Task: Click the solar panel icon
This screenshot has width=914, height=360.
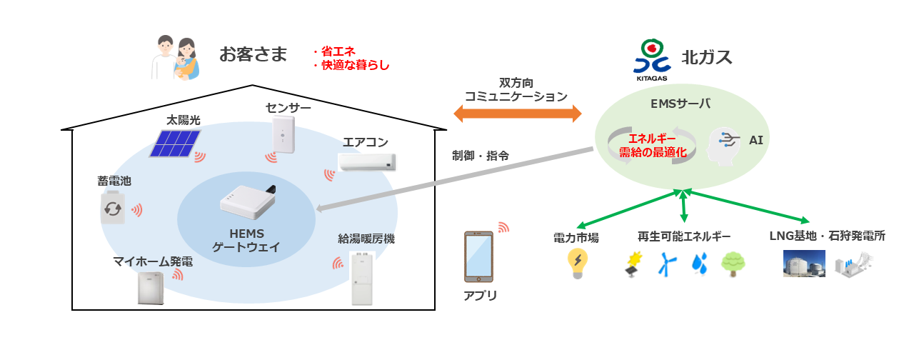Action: (175, 142)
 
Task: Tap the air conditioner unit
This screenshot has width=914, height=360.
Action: (367, 162)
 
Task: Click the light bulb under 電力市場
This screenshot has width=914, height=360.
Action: (576, 264)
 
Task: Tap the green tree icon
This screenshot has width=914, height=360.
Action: (733, 264)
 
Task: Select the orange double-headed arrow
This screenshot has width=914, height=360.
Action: (518, 113)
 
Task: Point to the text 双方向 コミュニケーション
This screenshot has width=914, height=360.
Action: (516, 89)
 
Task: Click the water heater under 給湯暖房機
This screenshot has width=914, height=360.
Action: (363, 277)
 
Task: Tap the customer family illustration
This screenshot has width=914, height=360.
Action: (176, 58)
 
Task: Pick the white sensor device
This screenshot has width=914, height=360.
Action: (283, 136)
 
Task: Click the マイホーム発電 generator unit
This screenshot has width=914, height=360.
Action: (151, 289)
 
